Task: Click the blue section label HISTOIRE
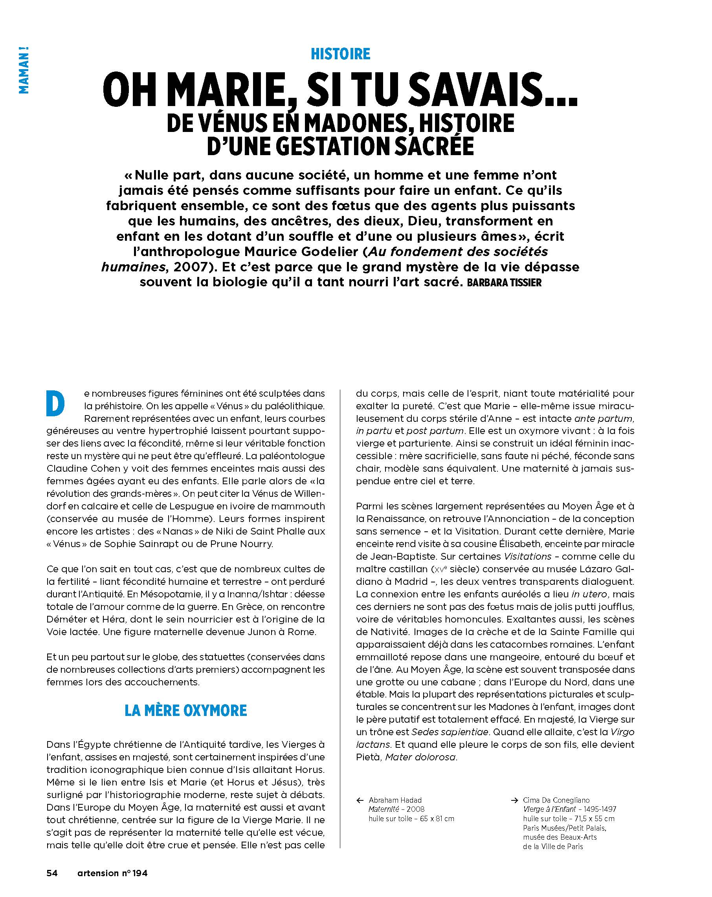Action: [x=340, y=54]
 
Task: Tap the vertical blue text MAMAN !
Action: [x=24, y=70]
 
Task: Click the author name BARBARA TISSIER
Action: [x=504, y=283]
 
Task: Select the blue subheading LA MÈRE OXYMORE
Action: [x=186, y=710]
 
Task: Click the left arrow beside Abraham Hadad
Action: [x=360, y=800]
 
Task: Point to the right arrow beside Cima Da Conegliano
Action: [x=515, y=800]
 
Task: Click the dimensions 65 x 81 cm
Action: [x=433, y=819]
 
